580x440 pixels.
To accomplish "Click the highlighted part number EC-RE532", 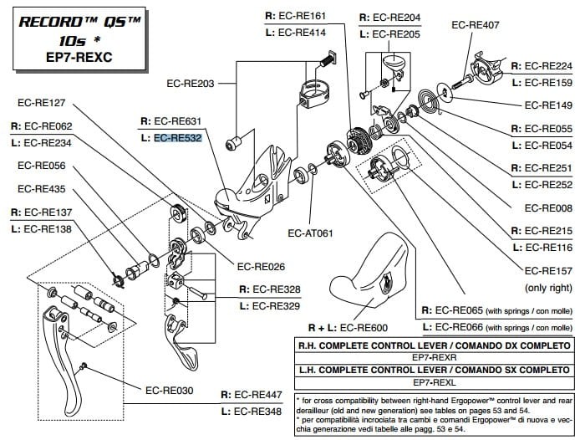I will (x=178, y=138).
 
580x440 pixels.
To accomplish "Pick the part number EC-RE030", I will (x=169, y=390).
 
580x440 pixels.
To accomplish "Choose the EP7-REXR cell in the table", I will (x=434, y=356).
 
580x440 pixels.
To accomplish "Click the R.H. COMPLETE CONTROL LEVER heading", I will (x=434, y=345).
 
